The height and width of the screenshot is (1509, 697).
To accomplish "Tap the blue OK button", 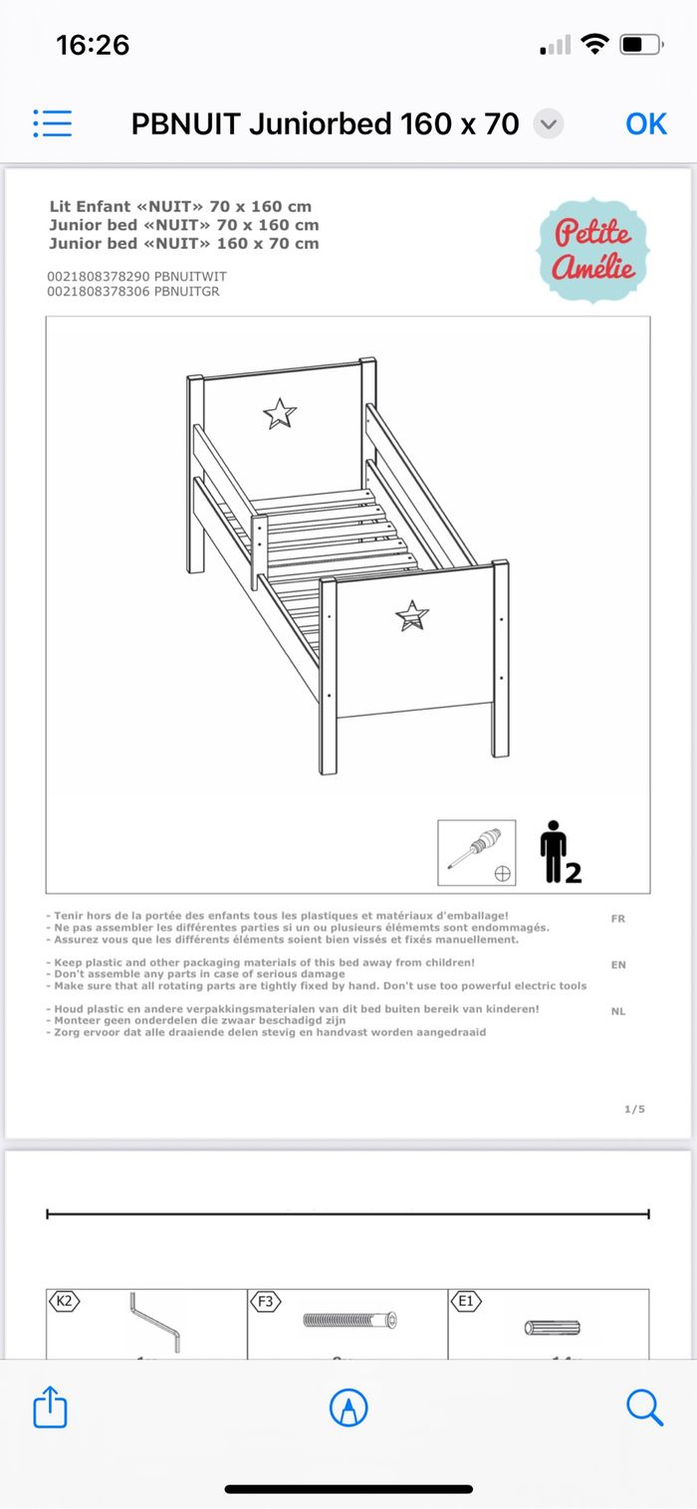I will (645, 123).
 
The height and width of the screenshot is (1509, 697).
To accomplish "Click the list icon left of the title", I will (52, 123).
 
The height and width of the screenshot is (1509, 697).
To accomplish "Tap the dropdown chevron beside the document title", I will (549, 124).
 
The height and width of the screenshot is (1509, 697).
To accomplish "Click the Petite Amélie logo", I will (592, 249).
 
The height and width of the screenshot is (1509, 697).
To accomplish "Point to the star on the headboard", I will (280, 413).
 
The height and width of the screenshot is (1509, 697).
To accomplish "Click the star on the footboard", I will (411, 616).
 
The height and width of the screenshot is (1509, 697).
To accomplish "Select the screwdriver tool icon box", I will (477, 853).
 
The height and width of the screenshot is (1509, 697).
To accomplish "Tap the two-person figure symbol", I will (558, 853).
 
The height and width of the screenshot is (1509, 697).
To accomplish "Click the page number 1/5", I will (634, 1109).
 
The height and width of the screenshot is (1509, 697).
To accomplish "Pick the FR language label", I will (618, 919).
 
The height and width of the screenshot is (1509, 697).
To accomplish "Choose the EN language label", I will (618, 965).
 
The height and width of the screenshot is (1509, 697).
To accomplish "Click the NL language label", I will (618, 1011).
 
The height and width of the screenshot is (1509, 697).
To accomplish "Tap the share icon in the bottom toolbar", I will (50, 1407).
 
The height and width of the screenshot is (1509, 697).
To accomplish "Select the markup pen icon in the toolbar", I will (348, 1407).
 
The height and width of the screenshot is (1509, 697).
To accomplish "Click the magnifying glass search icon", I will (644, 1407).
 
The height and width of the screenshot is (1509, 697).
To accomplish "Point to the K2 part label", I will (63, 1300).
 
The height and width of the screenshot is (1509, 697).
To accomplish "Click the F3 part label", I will (265, 1300).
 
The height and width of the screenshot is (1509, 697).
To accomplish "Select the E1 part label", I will (465, 1300).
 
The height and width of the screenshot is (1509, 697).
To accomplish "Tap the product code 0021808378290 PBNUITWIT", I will (136, 277).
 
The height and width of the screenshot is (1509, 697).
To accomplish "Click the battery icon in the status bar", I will (640, 45).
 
